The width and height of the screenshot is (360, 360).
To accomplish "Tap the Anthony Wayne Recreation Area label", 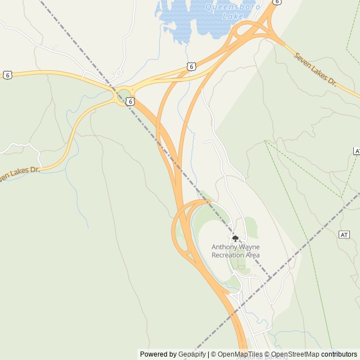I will click(236, 251).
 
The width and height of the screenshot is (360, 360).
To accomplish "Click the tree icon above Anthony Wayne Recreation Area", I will click(236, 238).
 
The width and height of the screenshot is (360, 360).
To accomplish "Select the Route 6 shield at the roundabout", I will click(130, 101).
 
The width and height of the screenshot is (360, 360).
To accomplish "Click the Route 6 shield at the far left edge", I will click(7, 75).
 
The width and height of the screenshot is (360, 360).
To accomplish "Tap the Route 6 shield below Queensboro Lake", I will click(192, 66).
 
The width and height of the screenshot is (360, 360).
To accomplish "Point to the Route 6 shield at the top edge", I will click(276, 2).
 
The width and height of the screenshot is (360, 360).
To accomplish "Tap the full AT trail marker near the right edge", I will click(344, 234).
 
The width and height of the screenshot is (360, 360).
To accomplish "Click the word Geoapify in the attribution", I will click(192, 354).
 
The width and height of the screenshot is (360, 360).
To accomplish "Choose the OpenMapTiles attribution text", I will click(241, 354).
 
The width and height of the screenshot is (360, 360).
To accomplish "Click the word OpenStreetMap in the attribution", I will click(295, 354).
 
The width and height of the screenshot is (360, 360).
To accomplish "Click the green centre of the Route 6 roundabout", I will click(123, 93).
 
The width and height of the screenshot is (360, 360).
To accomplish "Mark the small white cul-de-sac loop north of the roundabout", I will click(119, 73).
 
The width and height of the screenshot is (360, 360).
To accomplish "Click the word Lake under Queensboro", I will click(232, 16).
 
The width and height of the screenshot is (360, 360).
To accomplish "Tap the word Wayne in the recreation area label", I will click(249, 247).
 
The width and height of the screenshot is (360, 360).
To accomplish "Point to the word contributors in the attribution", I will click(339, 354).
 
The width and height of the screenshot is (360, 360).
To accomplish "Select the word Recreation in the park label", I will click(228, 255).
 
